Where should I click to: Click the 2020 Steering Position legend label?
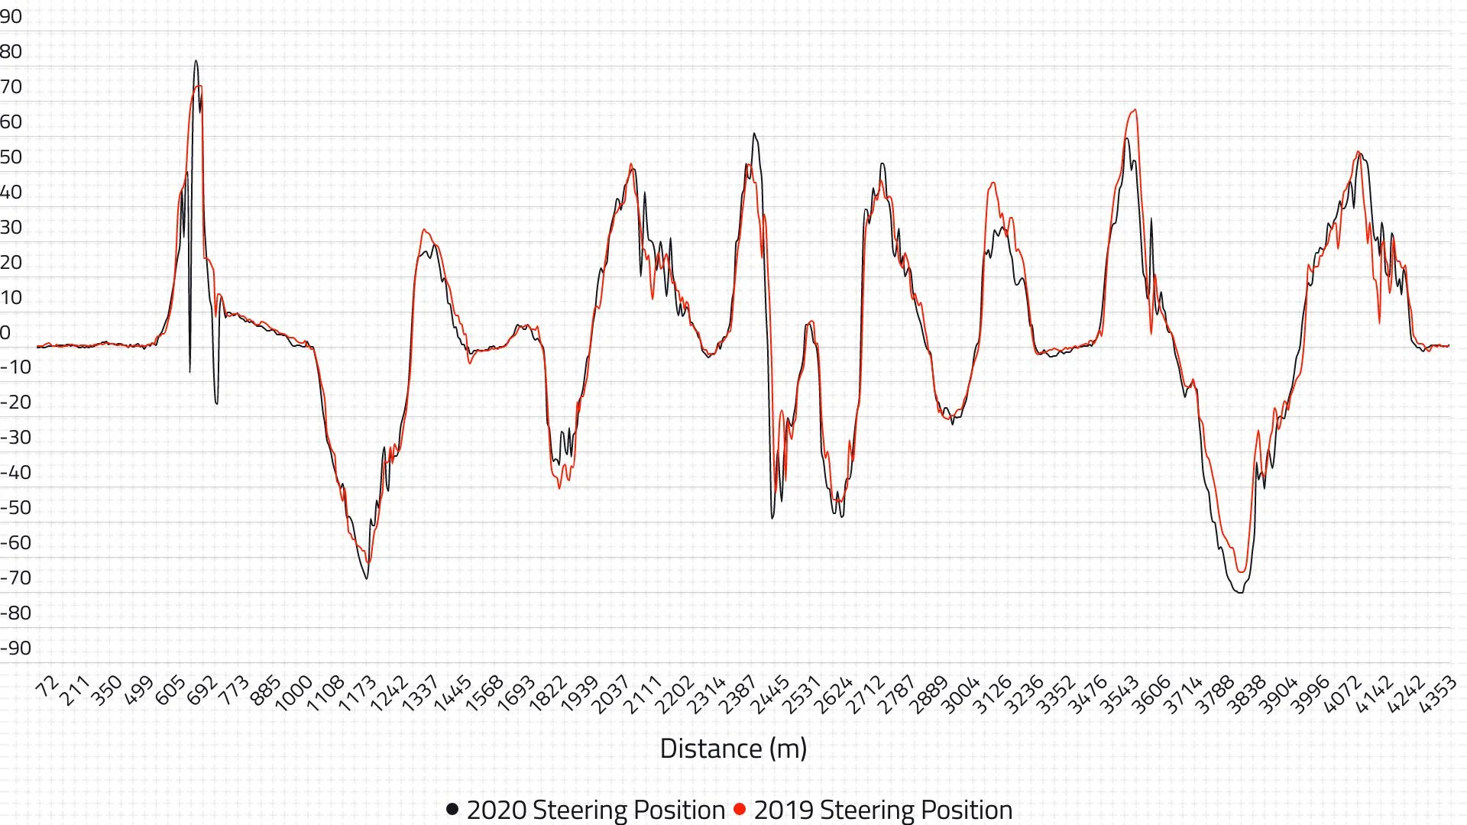595,810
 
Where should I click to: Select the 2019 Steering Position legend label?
882,810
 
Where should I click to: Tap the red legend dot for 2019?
740,809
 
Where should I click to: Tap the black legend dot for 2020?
452,809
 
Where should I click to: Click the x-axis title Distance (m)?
733,749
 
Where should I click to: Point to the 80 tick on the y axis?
11,52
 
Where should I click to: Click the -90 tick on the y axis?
16,649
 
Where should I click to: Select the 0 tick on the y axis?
6,333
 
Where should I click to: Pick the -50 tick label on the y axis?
16,508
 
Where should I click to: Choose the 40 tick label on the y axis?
11,192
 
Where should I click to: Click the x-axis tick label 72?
48,687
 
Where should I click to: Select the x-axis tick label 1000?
293,694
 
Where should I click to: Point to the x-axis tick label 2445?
770,694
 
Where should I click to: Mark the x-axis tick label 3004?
961,694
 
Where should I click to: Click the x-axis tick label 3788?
1216,694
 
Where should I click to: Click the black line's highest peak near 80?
196,61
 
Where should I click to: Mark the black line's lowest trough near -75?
1239,592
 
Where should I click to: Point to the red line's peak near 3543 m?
1135,110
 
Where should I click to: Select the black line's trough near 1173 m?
367,578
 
